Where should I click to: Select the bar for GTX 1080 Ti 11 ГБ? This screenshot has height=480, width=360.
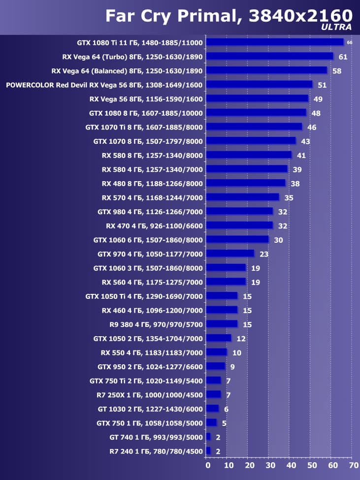(x=274, y=42)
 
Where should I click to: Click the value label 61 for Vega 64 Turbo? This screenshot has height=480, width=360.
(x=343, y=57)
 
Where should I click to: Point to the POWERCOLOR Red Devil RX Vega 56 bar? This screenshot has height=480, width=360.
(x=259, y=85)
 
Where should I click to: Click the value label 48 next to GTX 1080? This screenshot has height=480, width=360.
(x=316, y=113)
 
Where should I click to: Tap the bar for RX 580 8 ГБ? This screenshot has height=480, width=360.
(x=249, y=155)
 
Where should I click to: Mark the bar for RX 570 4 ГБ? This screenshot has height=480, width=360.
(x=242, y=197)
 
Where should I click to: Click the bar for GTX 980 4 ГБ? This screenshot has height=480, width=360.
(x=239, y=211)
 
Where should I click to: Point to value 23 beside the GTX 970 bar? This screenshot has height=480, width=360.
(x=264, y=254)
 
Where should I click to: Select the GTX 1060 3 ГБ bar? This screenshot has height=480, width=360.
(x=226, y=268)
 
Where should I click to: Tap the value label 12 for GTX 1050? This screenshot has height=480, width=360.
(x=241, y=339)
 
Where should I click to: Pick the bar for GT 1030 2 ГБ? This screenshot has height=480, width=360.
(x=212, y=409)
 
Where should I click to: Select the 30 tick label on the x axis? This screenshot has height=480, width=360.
(x=269, y=465)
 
